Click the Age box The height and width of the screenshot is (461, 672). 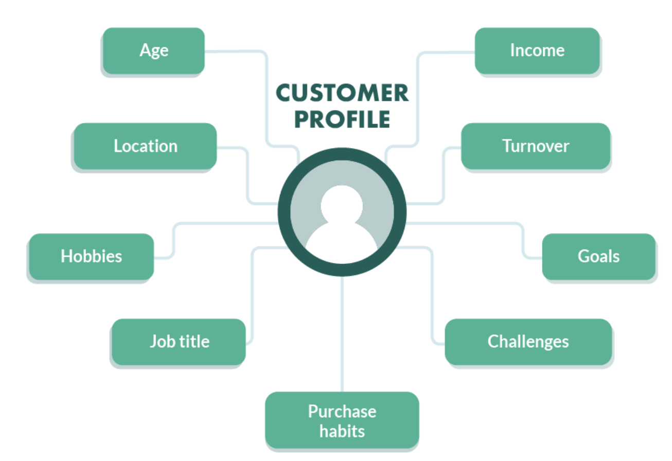153,50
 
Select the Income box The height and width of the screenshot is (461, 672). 537,50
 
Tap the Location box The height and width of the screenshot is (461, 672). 145,146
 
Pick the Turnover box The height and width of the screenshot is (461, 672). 535,146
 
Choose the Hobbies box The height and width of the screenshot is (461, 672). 91,256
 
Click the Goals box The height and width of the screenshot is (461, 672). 598,256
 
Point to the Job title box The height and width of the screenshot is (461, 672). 179,342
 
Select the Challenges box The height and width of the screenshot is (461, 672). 528,342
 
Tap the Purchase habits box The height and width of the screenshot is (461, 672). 342,420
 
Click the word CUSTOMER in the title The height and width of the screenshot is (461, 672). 342,94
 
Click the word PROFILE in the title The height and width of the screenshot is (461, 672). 342,119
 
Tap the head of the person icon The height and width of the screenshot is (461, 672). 342,205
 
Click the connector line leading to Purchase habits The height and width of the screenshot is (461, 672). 342,334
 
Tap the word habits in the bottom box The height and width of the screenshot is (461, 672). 342,431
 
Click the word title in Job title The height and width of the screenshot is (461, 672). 196,342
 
